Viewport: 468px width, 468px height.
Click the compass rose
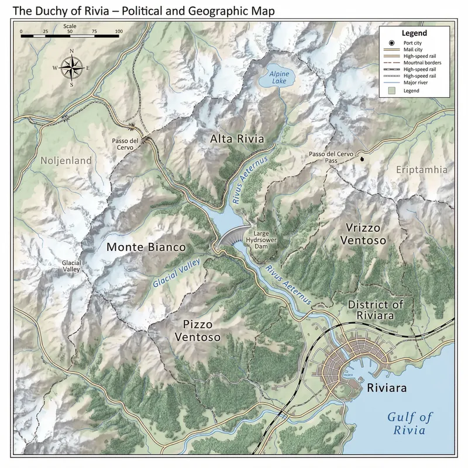point(71,68)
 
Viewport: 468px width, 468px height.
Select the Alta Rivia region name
point(237,139)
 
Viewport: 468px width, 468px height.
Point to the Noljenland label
point(66,160)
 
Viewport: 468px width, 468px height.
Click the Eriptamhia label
point(421,170)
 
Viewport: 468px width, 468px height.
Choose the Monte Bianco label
point(146,247)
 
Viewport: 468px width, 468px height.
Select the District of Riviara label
point(375,310)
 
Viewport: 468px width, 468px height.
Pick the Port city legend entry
point(413,43)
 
